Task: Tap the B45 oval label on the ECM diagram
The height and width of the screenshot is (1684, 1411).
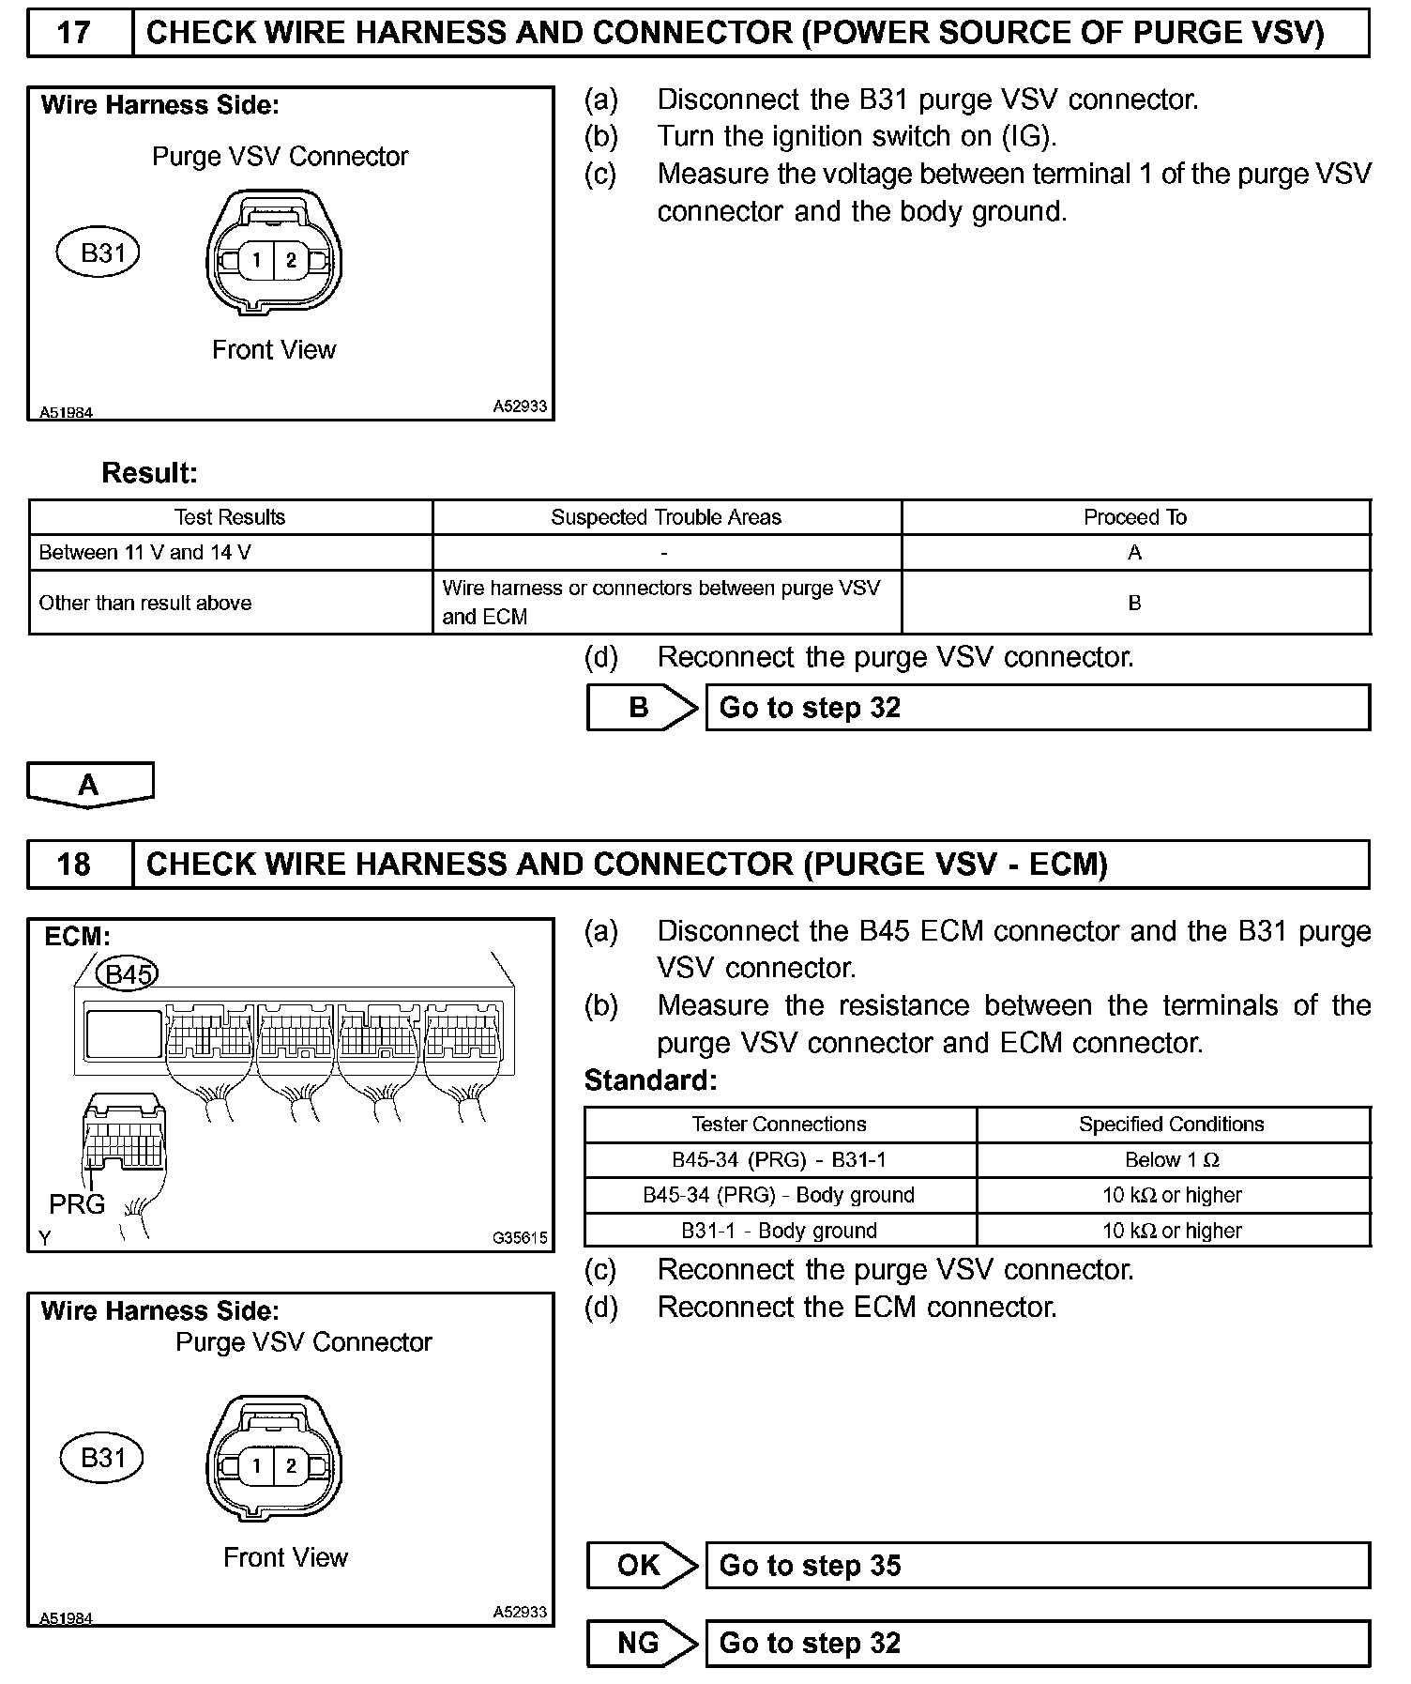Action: [129, 974]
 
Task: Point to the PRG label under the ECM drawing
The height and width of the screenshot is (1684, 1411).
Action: [77, 1204]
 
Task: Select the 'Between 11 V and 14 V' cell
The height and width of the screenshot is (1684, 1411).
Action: [231, 553]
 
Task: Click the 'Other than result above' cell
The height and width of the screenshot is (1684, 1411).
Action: [231, 603]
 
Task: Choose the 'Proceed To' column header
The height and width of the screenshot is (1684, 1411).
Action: [1135, 517]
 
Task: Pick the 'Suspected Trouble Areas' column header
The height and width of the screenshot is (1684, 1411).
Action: [666, 517]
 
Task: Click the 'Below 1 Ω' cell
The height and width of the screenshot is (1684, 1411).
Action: [1173, 1160]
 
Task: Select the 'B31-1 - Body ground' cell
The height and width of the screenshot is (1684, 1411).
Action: [780, 1231]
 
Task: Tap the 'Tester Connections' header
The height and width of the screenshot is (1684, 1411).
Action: [780, 1125]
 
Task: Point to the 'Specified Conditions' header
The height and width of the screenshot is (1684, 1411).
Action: [1173, 1125]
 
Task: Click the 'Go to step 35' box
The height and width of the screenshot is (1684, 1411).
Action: [1037, 1566]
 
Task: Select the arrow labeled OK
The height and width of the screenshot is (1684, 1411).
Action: [642, 1566]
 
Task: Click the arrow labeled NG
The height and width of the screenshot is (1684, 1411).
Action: [642, 1643]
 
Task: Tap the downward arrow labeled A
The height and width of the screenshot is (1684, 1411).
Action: [89, 785]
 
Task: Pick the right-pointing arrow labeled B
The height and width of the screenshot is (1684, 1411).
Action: [642, 708]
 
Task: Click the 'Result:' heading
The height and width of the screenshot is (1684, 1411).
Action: [150, 473]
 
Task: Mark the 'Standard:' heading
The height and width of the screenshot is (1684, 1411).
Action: [650, 1080]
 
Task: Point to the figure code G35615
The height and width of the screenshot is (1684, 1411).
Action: [520, 1238]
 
